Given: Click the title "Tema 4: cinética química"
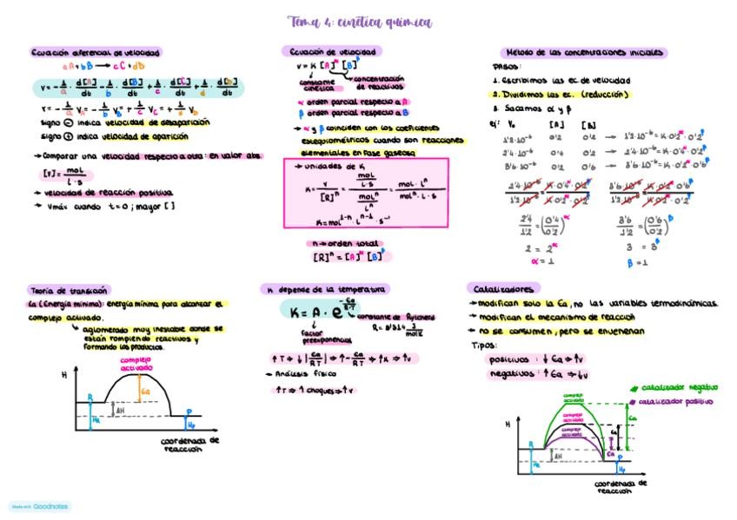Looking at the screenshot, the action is click(359, 23).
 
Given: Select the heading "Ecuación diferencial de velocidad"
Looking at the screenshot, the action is click(96, 52).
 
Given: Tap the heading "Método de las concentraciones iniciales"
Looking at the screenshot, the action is click(584, 52).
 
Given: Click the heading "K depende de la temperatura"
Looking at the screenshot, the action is click(328, 288).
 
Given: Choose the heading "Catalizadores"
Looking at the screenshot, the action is click(504, 288).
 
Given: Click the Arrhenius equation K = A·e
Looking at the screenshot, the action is click(319, 310).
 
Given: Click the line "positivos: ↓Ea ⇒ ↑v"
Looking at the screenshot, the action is click(531, 358).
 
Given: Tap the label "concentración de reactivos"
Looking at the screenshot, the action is click(380, 83).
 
